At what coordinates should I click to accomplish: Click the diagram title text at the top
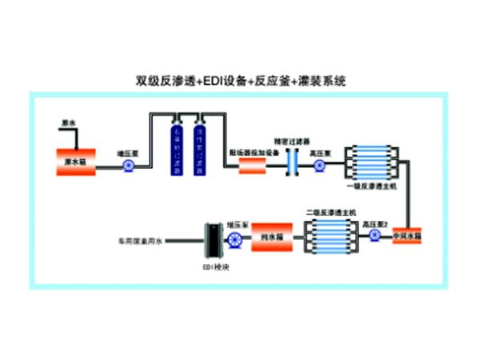point(240,81)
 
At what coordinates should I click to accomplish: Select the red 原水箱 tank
point(76,162)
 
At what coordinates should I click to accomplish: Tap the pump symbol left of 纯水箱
point(234,239)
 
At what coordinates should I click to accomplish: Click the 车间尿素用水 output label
point(140,239)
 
